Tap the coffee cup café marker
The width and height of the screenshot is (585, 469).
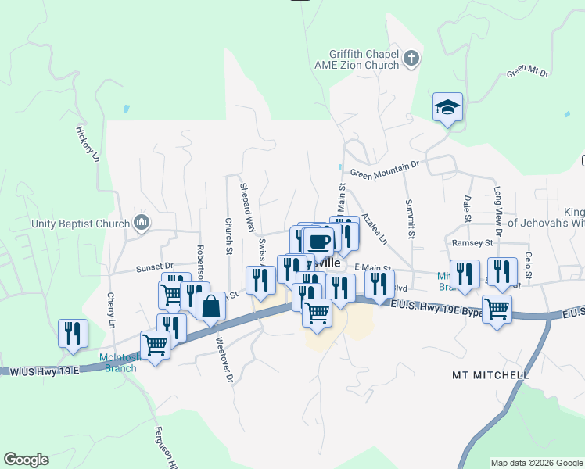tap(319, 242)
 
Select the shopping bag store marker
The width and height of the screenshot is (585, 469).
tap(210, 306)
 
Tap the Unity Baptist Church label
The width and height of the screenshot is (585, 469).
tap(80, 224)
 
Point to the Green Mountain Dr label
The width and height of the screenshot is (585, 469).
tap(385, 170)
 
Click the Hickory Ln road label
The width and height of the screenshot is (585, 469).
tap(88, 145)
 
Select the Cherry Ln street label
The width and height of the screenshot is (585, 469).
tap(111, 311)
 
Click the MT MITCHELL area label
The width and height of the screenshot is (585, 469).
tap(490, 375)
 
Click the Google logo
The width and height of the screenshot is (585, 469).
tap(26, 460)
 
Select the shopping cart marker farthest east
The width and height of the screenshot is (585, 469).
tap(497, 309)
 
